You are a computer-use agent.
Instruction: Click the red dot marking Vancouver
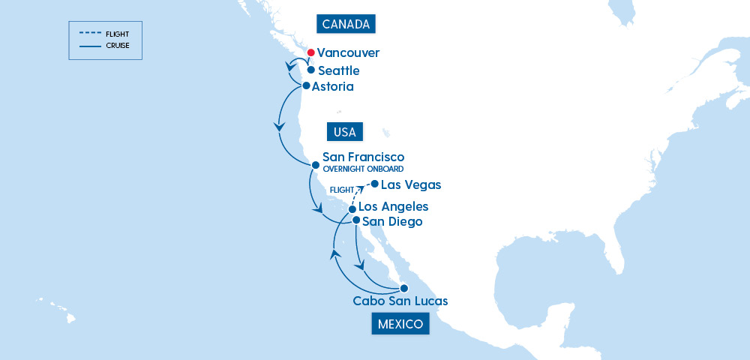point(310,53)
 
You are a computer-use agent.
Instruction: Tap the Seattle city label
point(338,70)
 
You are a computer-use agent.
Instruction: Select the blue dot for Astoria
point(306,85)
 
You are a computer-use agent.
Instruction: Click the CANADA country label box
point(345,24)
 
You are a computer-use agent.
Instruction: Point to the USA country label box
point(345,132)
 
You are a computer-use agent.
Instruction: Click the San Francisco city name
point(363,157)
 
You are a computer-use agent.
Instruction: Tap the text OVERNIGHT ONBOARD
point(363,169)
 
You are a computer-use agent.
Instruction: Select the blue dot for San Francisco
point(316,165)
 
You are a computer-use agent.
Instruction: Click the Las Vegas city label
point(411,184)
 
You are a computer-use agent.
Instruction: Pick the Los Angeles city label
point(393,206)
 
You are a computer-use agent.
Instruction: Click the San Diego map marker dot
point(356,220)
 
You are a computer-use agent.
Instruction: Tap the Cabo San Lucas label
point(400,301)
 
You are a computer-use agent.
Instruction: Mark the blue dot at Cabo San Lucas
point(403,288)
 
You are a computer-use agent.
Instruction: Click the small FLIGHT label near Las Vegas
point(342,190)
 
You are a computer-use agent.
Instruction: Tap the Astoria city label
point(332,87)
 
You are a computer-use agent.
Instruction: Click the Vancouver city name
point(348,53)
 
